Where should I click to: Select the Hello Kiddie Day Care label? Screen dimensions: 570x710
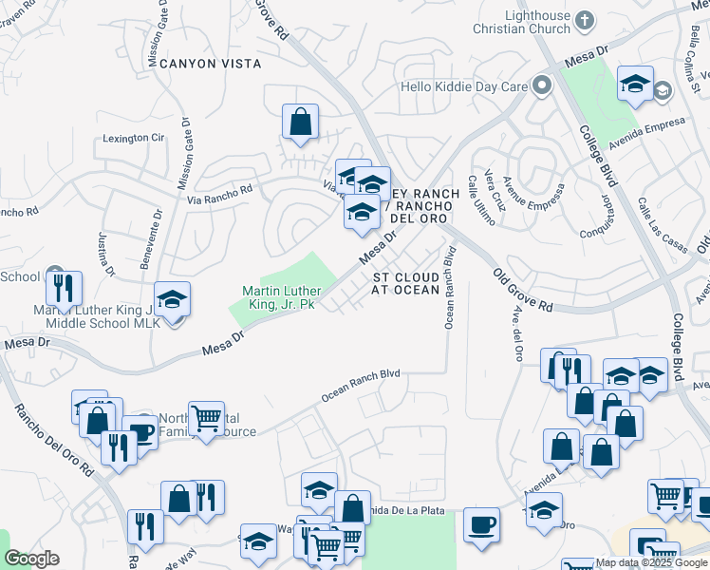coord(463,86)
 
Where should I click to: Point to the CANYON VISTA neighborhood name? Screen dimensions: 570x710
coord(210,64)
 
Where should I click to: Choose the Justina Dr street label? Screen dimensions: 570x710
coord(105,255)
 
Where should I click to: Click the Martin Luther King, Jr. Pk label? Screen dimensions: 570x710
coord(282,297)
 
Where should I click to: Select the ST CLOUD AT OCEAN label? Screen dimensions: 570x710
coord(405,282)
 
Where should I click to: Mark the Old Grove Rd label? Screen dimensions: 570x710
coord(523,290)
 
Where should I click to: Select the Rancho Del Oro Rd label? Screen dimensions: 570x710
coord(54,441)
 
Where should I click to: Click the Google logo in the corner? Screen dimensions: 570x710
coord(31,559)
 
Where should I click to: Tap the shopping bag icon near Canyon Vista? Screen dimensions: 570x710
coord(300,122)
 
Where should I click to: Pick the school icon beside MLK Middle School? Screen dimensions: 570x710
coord(172,299)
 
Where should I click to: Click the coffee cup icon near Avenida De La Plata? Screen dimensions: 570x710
coord(482,524)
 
